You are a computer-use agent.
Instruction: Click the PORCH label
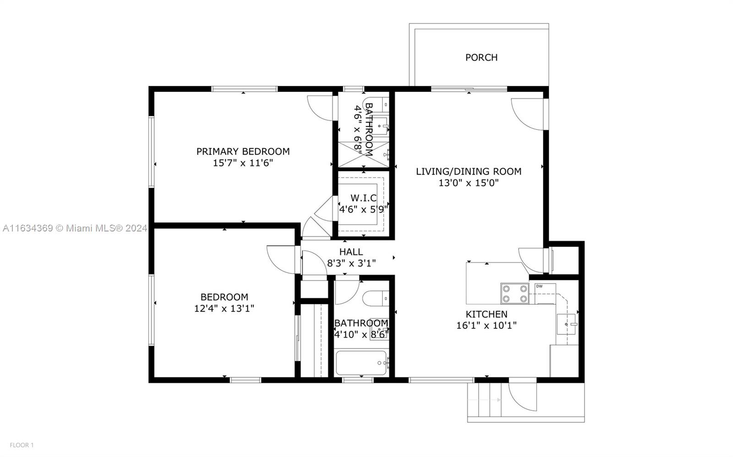tap(481, 58)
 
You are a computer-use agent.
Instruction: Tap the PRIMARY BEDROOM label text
tap(243, 151)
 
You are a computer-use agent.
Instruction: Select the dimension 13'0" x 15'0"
tap(469, 183)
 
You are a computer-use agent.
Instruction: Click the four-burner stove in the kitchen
tap(515, 293)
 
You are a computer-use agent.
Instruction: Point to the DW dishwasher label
tap(539, 286)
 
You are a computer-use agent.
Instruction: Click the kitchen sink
tap(566, 324)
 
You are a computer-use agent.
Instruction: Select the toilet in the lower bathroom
tap(376, 299)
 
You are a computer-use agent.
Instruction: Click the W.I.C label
tap(364, 198)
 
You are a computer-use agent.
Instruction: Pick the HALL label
tap(351, 252)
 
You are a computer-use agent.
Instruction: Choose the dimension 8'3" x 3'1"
tap(351, 263)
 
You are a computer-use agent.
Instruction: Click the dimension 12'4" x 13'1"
tap(224, 308)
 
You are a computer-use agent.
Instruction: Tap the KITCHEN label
tap(487, 314)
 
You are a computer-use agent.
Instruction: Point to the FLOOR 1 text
tap(22, 445)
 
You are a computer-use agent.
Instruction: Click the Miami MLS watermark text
tap(75, 228)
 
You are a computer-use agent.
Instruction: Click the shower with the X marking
tap(364, 155)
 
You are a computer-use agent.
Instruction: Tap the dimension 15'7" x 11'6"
tap(243, 163)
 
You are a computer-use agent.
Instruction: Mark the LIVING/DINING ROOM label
tap(469, 172)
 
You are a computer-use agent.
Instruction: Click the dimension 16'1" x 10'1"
tap(487, 326)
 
